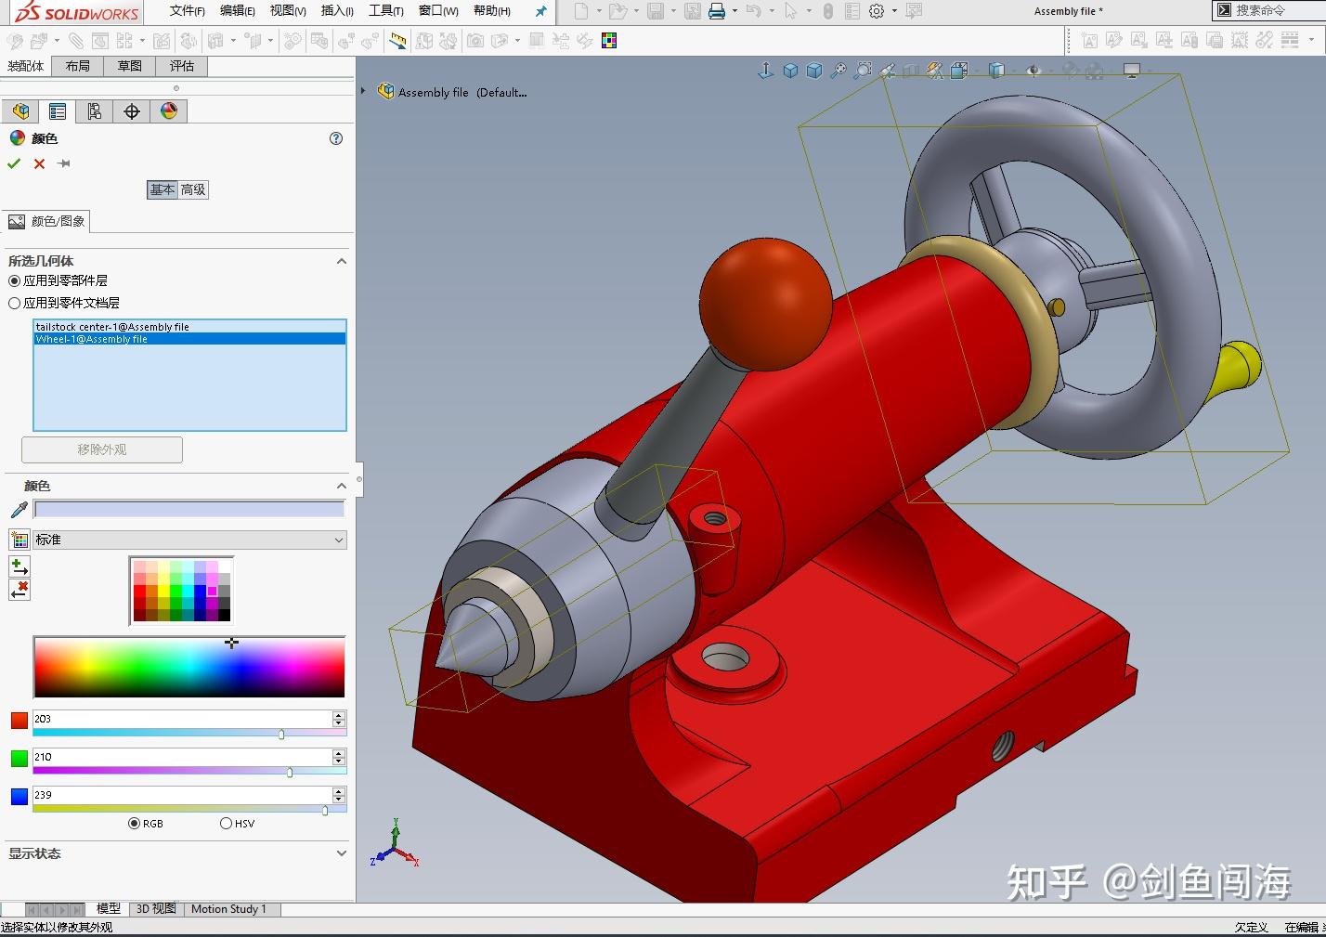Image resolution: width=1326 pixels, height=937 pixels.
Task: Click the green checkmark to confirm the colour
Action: point(14,164)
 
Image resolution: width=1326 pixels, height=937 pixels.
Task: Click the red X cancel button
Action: point(39,164)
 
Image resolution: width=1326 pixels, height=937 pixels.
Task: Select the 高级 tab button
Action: point(193,189)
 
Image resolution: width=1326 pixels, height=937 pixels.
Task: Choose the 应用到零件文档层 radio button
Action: point(14,303)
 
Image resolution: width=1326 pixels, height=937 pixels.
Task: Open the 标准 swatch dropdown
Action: point(189,540)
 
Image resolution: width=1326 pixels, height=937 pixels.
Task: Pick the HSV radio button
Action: point(226,824)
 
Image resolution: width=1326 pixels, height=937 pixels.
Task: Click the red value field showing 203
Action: point(182,719)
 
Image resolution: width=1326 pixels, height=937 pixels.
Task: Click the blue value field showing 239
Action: point(182,795)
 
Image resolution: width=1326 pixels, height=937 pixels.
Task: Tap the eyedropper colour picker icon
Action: point(19,510)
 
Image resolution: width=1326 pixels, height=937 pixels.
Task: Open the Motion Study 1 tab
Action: point(228,909)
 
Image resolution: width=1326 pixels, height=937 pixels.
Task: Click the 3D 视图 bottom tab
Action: point(156,909)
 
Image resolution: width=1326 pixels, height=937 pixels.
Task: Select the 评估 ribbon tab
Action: point(182,66)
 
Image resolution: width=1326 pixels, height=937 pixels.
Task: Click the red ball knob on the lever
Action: point(765,293)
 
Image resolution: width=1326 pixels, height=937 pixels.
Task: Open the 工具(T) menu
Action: point(385,11)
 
